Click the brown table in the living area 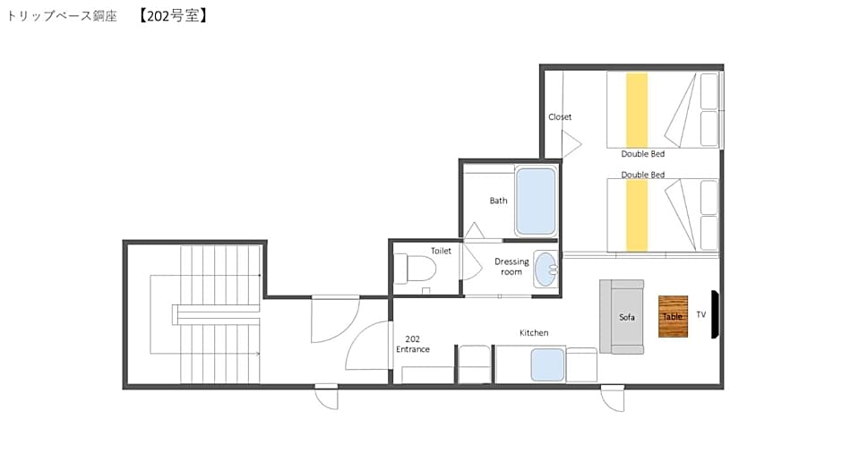pyautogui.click(x=673, y=316)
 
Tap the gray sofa pyautogui.click(x=622, y=317)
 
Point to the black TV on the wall pyautogui.click(x=715, y=314)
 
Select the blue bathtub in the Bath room pyautogui.click(x=536, y=201)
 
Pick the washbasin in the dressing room pyautogui.click(x=546, y=269)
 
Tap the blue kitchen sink pyautogui.click(x=547, y=364)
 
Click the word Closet pyautogui.click(x=560, y=116)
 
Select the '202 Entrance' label pyautogui.click(x=412, y=344)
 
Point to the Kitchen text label pyautogui.click(x=534, y=333)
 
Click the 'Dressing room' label pyautogui.click(x=511, y=266)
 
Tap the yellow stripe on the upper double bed pyautogui.click(x=637, y=110)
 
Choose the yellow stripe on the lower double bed pyautogui.click(x=637, y=216)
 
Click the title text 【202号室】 pyautogui.click(x=173, y=15)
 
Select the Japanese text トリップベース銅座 pyautogui.click(x=62, y=15)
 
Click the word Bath pyautogui.click(x=498, y=201)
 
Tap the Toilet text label pyautogui.click(x=441, y=251)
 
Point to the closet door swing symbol pyautogui.click(x=571, y=144)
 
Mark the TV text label pyautogui.click(x=700, y=314)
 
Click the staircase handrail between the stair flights pyautogui.click(x=216, y=314)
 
